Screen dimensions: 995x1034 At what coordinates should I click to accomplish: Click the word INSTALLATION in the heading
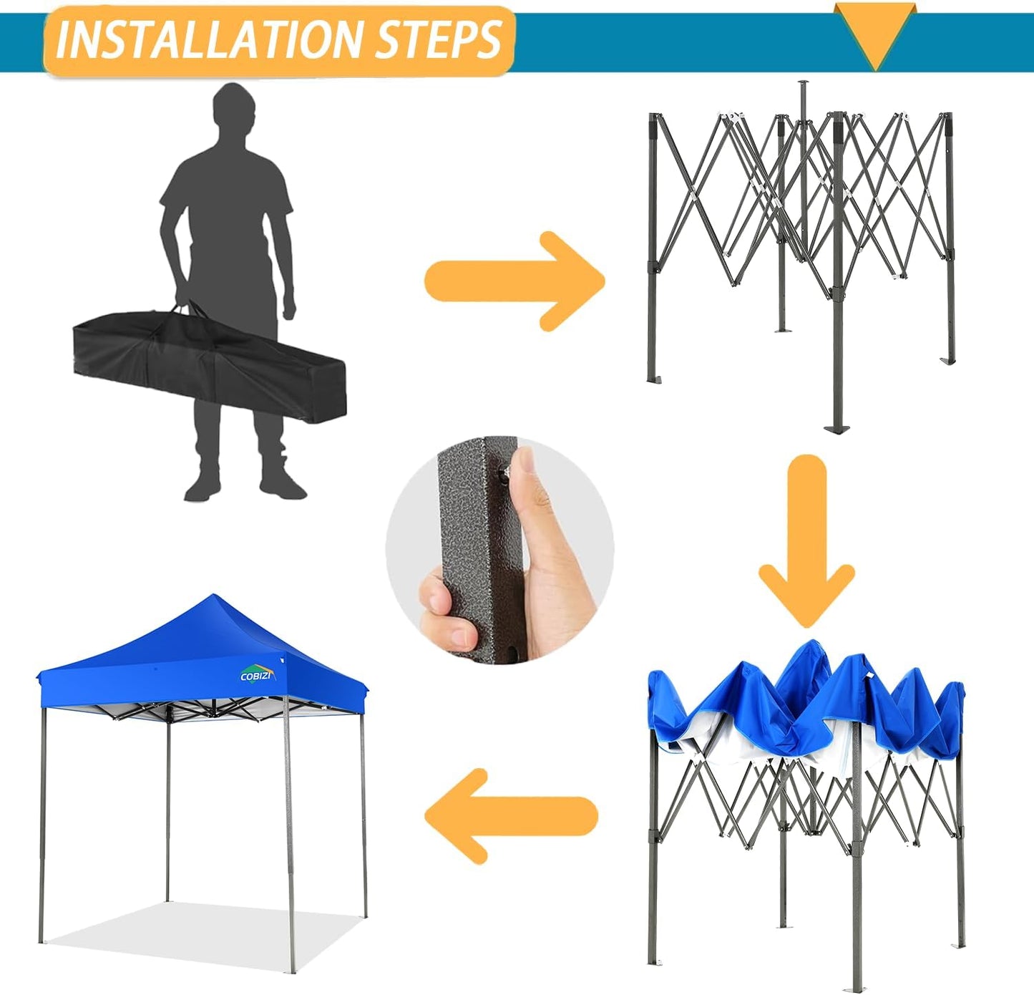211,40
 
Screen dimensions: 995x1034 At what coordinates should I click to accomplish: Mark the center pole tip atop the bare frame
801,84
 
